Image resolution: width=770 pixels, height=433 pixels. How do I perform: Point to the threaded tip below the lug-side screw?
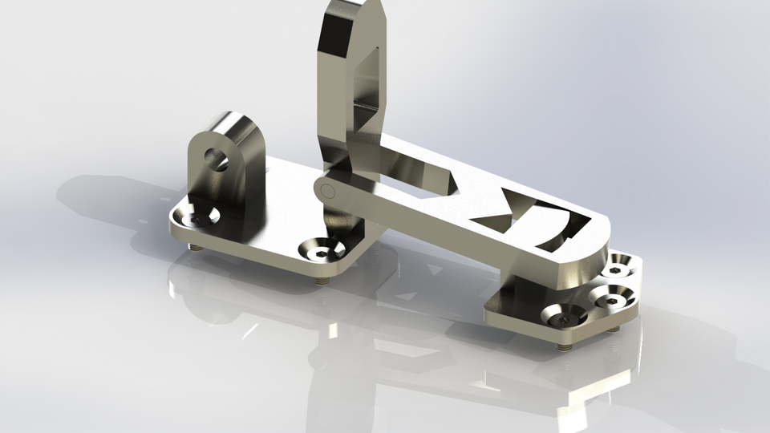pyautogui.click(x=195, y=247)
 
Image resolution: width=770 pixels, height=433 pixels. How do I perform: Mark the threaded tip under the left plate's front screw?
pyautogui.click(x=321, y=282)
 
